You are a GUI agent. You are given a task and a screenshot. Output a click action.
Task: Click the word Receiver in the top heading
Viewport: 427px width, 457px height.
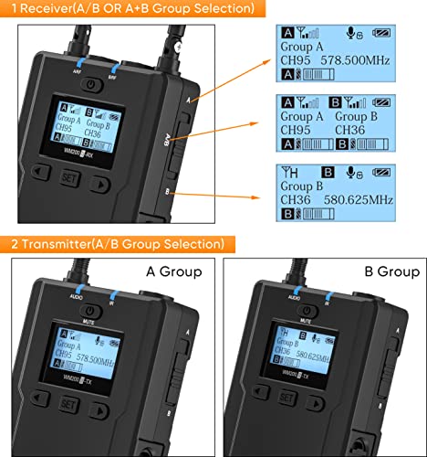tap(42, 8)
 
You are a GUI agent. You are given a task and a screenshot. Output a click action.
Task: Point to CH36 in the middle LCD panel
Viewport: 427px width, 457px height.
tap(352, 130)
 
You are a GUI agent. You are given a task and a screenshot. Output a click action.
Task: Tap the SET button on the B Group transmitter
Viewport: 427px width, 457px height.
tap(287, 399)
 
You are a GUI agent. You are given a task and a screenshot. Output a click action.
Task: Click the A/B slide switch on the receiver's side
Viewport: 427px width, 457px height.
tap(172, 142)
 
